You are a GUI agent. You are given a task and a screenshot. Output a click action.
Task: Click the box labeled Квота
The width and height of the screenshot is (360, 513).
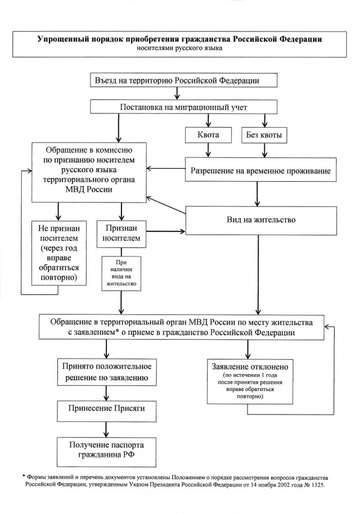point(208,135)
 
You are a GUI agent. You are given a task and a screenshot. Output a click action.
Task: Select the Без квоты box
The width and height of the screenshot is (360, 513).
point(264,135)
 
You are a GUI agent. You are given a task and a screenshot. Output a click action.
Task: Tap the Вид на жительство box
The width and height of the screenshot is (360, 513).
point(261,220)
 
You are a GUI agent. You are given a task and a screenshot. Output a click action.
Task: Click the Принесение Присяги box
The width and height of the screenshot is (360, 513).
point(106,409)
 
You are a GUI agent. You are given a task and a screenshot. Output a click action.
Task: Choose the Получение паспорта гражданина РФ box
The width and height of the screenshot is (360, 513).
point(106,452)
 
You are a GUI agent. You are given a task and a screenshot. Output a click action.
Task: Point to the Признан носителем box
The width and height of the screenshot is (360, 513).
point(121,233)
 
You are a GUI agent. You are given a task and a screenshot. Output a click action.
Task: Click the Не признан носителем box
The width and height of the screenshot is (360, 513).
point(59,253)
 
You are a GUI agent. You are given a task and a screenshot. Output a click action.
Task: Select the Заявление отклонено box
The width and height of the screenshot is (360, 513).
point(250,381)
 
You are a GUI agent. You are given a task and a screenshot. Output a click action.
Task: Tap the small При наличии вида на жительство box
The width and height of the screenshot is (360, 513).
point(121,273)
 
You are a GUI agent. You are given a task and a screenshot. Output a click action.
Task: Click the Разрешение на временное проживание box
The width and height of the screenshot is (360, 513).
point(261,170)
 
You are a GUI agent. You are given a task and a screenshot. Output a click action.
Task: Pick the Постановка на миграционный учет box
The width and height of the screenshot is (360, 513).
point(183,107)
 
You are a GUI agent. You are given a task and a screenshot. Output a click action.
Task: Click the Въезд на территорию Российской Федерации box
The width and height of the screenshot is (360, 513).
point(183,80)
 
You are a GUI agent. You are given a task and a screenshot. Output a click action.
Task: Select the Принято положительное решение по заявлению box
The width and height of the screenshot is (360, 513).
point(106,372)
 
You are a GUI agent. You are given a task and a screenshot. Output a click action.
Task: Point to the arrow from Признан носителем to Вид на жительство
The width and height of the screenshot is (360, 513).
point(166,232)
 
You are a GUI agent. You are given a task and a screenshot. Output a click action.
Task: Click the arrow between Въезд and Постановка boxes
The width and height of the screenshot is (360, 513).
point(177,93)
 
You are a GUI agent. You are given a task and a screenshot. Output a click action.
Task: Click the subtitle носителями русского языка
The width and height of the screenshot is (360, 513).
point(179,48)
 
